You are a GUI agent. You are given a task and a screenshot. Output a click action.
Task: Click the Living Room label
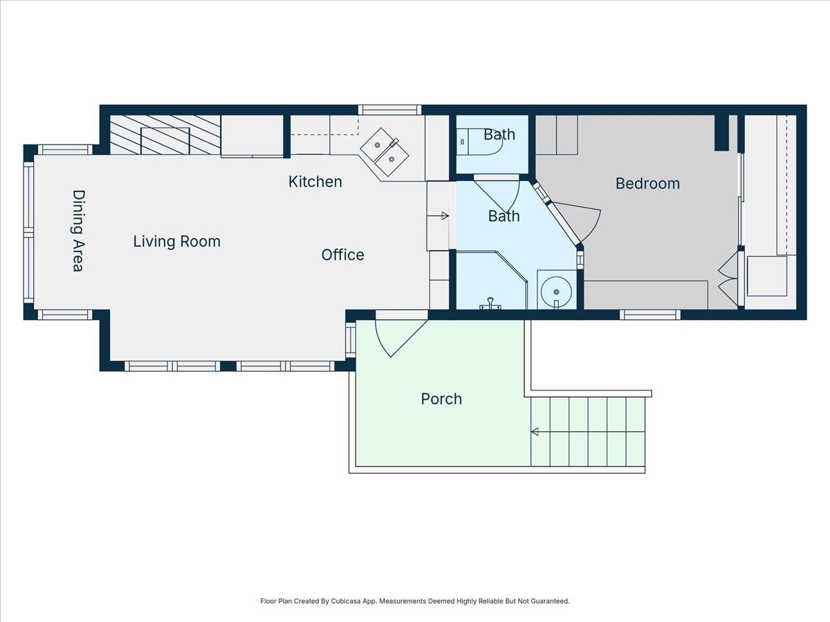pos(176,242)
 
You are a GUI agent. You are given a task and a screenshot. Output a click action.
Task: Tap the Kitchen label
pos(315,182)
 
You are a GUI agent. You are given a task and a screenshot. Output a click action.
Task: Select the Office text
pos(342,255)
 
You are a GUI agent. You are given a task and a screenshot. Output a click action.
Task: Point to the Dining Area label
pos(79,230)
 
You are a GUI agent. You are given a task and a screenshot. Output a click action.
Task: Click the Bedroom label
pos(647,184)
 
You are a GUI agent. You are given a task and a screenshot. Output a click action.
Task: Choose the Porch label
pos(441,399)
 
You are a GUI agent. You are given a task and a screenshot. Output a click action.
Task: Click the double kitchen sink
pos(384,152)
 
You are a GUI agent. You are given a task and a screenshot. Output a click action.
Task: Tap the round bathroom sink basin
pos(556,291)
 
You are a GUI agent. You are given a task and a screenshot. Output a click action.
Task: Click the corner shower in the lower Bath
pos(492,280)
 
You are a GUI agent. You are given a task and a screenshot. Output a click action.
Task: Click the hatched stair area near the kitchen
pos(165,135)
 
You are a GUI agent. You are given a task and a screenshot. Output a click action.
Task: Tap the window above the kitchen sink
pos(389,110)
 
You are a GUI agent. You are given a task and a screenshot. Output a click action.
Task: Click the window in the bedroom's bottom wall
pos(649,314)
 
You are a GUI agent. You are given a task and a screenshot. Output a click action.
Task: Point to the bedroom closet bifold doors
pos(729,279)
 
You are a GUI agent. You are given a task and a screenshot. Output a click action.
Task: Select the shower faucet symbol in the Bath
pos(490,303)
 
